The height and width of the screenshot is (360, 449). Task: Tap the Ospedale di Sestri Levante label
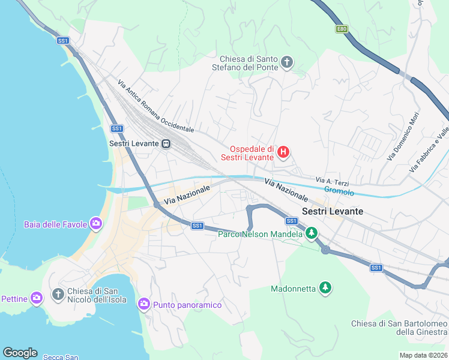pos(252,154)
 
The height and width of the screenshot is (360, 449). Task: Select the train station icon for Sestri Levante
pos(166,144)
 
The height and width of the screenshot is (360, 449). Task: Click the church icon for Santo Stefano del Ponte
pos(287,62)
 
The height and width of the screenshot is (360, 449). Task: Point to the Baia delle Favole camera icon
pos(96,224)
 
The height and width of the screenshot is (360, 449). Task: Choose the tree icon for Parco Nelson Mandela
pos(311,233)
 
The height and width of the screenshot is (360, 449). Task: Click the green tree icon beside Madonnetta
pos(325,289)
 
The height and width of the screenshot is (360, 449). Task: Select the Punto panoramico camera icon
pos(143,304)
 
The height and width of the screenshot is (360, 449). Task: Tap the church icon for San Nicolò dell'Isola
pos(58,294)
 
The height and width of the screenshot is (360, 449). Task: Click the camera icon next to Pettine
pos(37,298)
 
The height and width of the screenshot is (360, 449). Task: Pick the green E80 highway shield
pos(342,29)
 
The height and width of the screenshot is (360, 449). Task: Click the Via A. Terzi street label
pos(332,181)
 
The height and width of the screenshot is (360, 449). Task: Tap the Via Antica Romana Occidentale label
pos(155,107)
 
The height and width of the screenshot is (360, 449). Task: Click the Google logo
pos(20,353)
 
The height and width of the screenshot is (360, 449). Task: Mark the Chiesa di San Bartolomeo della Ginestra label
pos(399,328)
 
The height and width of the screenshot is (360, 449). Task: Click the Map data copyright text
pos(423,355)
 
